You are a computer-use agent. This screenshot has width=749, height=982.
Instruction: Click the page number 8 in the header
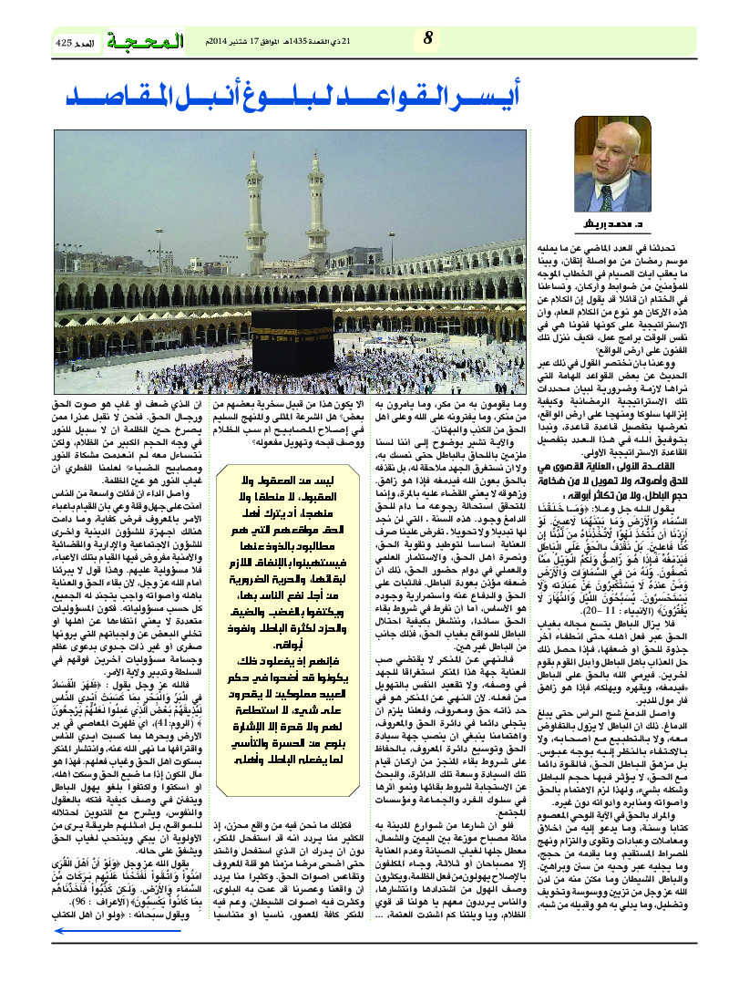point(429,37)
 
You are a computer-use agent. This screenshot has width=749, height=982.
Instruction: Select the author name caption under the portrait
point(605,223)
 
